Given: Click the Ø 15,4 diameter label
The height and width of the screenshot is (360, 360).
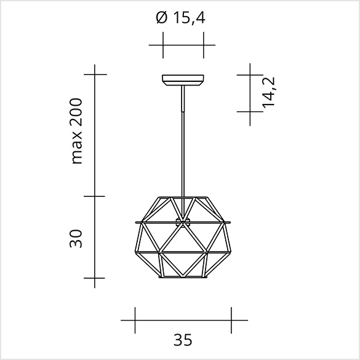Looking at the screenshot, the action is (x=180, y=18).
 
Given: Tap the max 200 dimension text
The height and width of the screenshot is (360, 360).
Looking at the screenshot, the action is (x=76, y=131).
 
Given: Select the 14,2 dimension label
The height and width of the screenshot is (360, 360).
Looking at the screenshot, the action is (x=268, y=92).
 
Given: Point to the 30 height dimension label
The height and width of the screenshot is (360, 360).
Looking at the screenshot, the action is (x=76, y=239).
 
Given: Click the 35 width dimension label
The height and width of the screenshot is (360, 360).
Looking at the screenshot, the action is (x=183, y=340).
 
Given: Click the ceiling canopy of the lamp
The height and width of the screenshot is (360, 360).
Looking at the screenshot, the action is (x=183, y=80).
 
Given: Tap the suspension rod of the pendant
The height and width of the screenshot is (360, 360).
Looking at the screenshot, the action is (x=183, y=141).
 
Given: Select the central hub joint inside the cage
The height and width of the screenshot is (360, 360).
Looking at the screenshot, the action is (x=183, y=222).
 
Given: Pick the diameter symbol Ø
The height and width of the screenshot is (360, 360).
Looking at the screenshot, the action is (x=162, y=18).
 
